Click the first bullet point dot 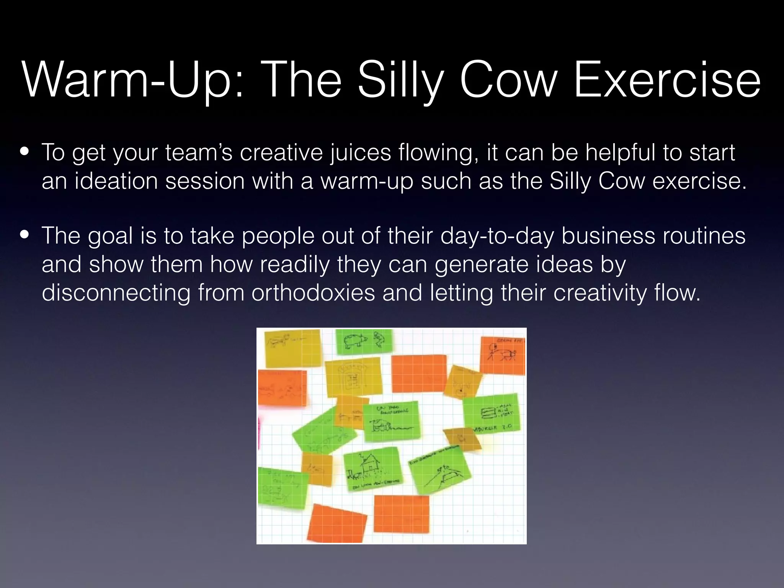(25, 151)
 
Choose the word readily (295, 264)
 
